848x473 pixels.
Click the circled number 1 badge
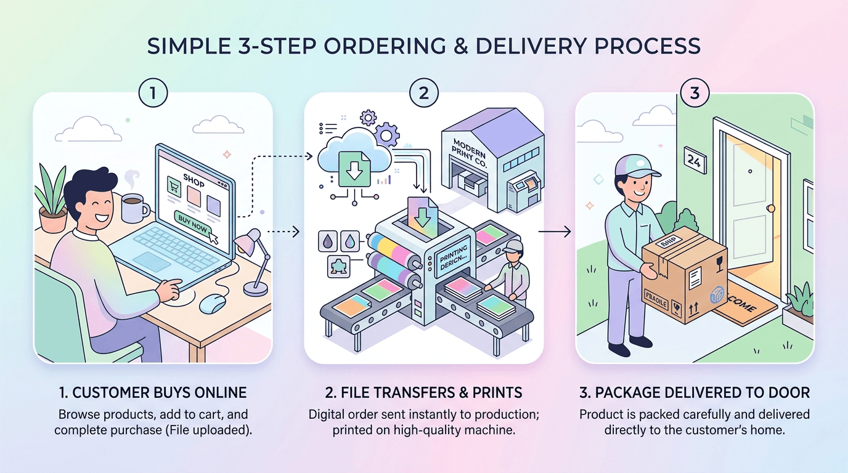pyautogui.click(x=153, y=94)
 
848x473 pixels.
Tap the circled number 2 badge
pyautogui.click(x=423, y=94)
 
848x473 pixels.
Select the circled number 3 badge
pyautogui.click(x=695, y=94)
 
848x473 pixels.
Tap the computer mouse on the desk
pyautogui.click(x=213, y=302)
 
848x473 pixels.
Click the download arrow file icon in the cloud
pyautogui.click(x=355, y=167)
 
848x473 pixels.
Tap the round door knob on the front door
pyautogui.click(x=770, y=208)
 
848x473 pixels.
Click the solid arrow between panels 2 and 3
pyautogui.click(x=552, y=232)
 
